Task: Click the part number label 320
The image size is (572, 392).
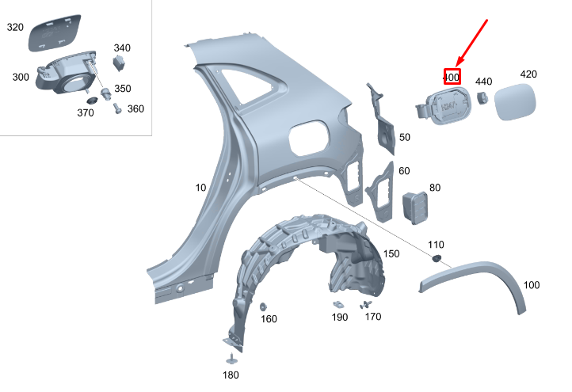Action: (x=16, y=27)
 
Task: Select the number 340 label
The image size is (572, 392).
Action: (x=122, y=48)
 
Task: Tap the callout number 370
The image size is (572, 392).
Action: (x=86, y=113)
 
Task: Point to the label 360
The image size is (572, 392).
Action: (x=135, y=108)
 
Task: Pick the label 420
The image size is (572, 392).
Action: (x=528, y=74)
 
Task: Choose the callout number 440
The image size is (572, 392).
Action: (x=483, y=82)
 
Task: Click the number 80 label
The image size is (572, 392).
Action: (x=435, y=188)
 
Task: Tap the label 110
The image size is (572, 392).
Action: (x=436, y=244)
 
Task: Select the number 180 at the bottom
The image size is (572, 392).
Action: (x=230, y=375)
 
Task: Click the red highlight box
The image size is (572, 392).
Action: (x=452, y=77)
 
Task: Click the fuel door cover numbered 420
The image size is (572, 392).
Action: (x=514, y=104)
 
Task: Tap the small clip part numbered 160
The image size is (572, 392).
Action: (x=263, y=306)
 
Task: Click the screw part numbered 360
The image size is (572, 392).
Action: (x=117, y=108)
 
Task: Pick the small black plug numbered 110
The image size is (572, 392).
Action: (x=435, y=258)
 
